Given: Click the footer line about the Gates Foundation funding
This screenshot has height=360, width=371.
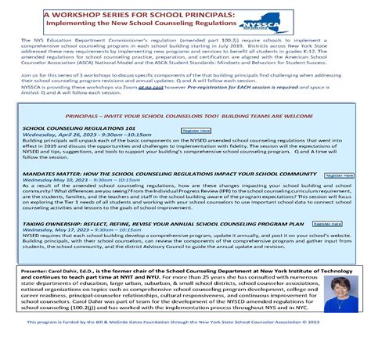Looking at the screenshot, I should pos(185,343).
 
